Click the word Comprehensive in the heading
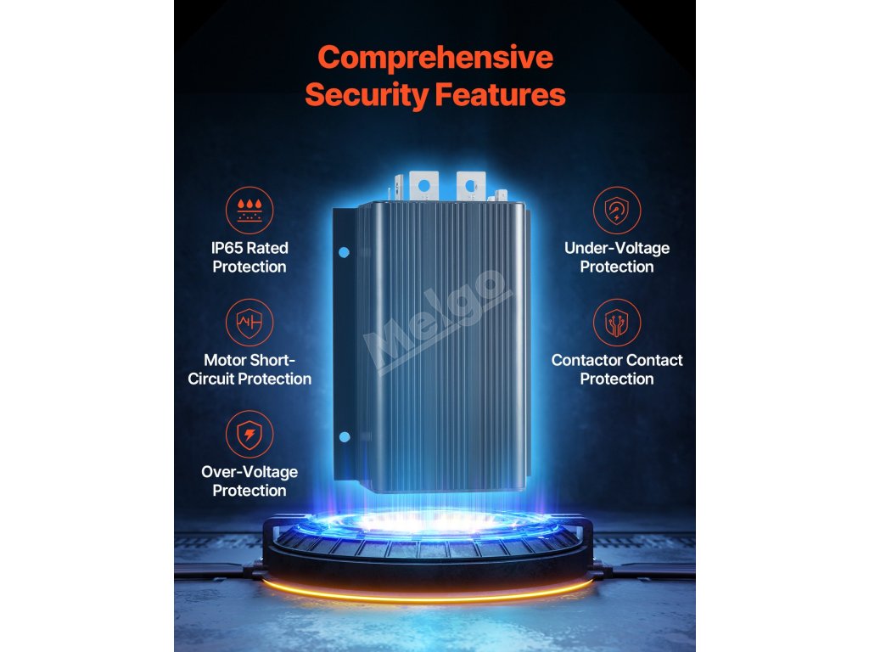pyautogui.click(x=434, y=58)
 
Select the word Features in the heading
pyautogui.click(x=501, y=95)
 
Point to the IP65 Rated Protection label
pyautogui.click(x=249, y=257)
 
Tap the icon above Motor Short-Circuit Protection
pyautogui.click(x=249, y=323)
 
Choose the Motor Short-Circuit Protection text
pyautogui.click(x=249, y=369)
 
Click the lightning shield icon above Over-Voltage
pyautogui.click(x=249, y=435)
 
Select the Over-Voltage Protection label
pyautogui.click(x=249, y=481)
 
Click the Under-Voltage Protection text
pyautogui.click(x=617, y=257)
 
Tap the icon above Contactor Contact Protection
pyautogui.click(x=617, y=323)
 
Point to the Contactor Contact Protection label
pyautogui.click(x=617, y=369)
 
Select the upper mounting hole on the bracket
pyautogui.click(x=345, y=252)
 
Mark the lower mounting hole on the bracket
pyautogui.click(x=345, y=436)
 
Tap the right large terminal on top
pyautogui.click(x=468, y=185)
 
